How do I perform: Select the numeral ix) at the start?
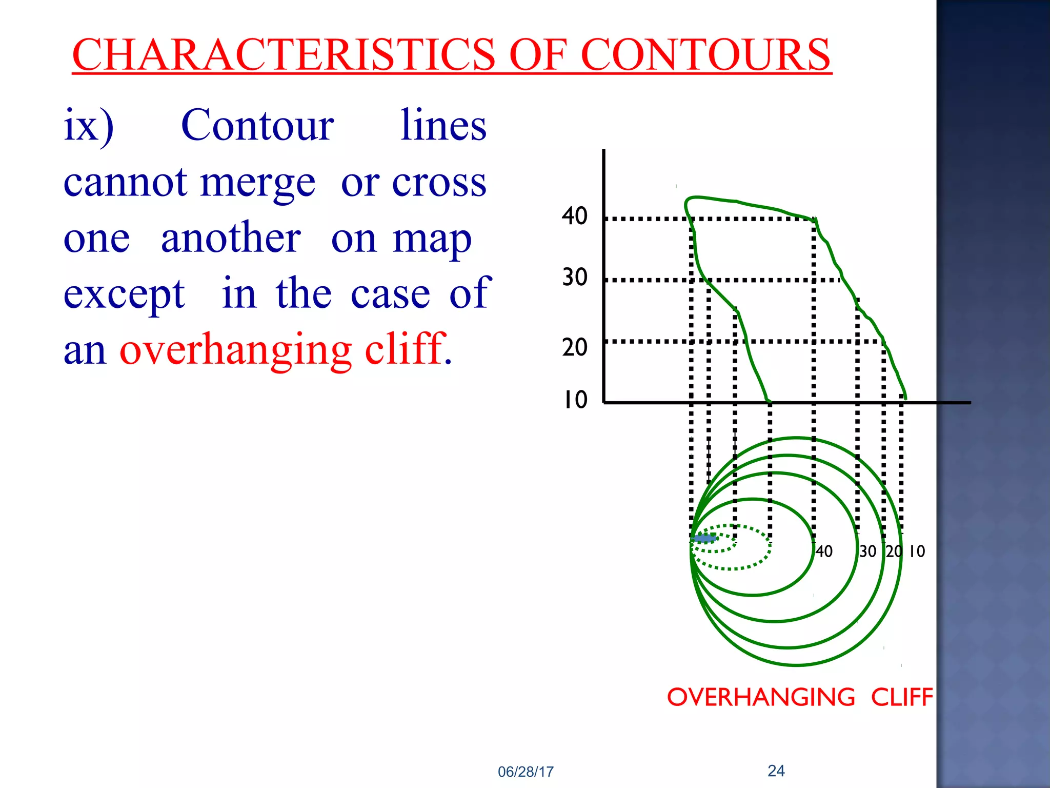[x=89, y=126]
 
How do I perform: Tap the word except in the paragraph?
[x=124, y=294]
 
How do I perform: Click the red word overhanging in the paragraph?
[x=235, y=350]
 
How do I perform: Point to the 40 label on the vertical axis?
[x=574, y=216]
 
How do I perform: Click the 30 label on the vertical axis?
[x=574, y=278]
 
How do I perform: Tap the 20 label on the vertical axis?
[x=574, y=347]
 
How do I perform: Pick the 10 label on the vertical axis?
[x=575, y=400]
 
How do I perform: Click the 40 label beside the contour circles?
[x=824, y=551]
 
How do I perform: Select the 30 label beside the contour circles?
[x=868, y=551]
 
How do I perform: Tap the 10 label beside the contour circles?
[x=917, y=551]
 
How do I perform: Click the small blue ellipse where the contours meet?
[x=704, y=538]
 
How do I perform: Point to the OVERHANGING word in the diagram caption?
[x=761, y=698]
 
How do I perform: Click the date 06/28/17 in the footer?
[x=526, y=772]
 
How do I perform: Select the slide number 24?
[x=776, y=771]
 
